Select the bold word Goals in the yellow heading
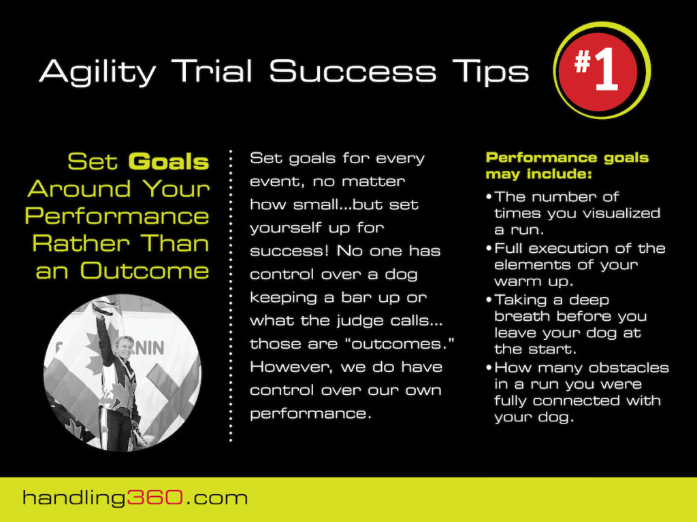pos(168,162)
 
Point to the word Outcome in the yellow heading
pos(144,271)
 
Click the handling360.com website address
pos(135,498)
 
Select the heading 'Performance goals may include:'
pos(566,166)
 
